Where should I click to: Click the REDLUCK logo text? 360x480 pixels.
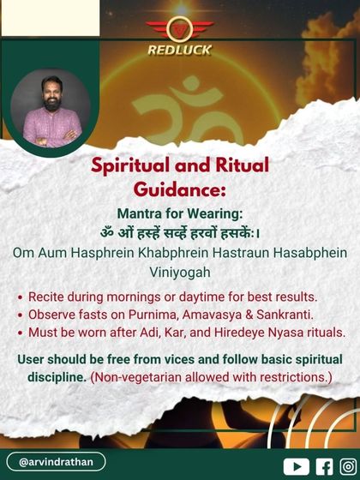pos(179,50)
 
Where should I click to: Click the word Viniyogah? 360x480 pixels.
pos(179,273)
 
